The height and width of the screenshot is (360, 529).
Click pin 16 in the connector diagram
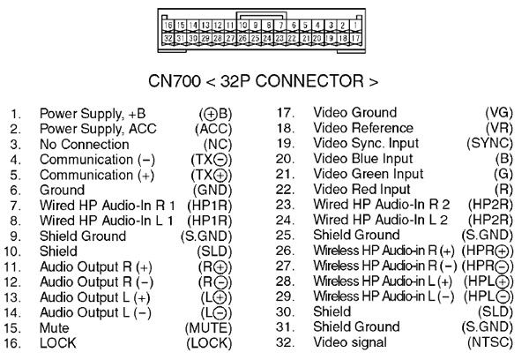tap(168, 26)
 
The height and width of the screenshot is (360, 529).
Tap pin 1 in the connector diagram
tap(355, 26)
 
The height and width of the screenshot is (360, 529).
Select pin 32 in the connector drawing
tap(168, 38)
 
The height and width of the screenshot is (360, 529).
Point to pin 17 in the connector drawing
tap(355, 38)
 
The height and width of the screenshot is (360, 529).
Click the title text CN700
tap(175, 81)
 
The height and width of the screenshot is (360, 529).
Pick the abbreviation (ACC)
tap(213, 129)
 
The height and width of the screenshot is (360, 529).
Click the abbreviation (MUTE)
tap(208, 328)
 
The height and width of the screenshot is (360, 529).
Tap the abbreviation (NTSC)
tap(490, 342)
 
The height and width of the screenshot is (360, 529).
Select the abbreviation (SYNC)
tap(490, 143)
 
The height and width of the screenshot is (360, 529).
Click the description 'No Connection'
tap(85, 144)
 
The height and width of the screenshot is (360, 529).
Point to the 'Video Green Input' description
tap(369, 174)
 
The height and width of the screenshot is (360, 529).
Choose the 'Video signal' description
tap(350, 342)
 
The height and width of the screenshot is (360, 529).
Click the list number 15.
tap(12, 328)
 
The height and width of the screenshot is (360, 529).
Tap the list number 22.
tap(285, 190)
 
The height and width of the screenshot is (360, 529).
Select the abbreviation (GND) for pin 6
tap(212, 190)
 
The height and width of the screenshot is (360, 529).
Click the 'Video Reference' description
tap(363, 128)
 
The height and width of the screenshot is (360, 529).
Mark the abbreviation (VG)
tap(499, 113)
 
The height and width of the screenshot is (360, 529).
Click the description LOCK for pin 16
tap(58, 343)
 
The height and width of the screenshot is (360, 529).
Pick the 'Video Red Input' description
tap(362, 190)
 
